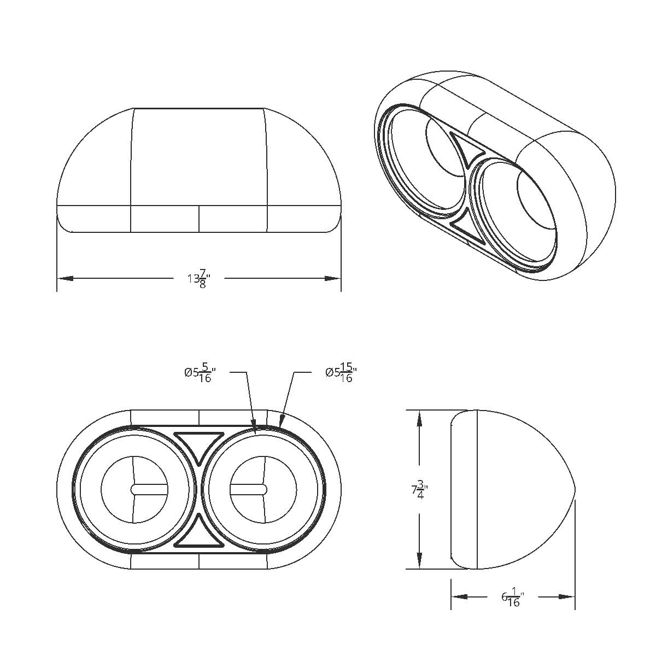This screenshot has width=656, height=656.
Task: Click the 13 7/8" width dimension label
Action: pyautogui.click(x=198, y=278)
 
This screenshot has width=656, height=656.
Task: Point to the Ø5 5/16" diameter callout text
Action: pyautogui.click(x=198, y=373)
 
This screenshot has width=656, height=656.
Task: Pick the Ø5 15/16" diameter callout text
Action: pyautogui.click(x=338, y=373)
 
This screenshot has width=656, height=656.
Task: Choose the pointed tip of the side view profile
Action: pyautogui.click(x=575, y=489)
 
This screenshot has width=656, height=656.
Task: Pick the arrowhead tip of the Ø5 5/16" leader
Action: pyautogui.click(x=255, y=430)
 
